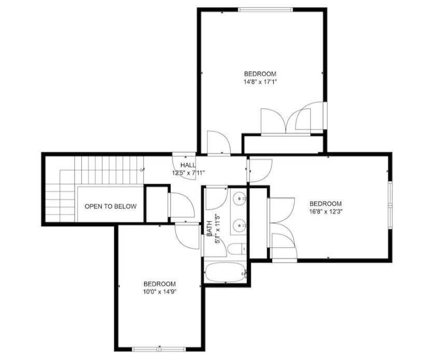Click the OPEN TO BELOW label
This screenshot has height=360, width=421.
click(110, 206)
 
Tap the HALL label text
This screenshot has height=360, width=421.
click(188, 165)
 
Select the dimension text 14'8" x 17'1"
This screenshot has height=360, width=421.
click(260, 82)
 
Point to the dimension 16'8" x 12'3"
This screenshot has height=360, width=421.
click(326, 211)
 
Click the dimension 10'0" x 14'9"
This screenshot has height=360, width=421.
click(160, 292)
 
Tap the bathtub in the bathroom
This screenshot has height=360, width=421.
click(225, 272)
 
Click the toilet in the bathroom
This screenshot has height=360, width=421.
click(237, 249)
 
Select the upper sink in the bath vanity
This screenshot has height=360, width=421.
click(239, 199)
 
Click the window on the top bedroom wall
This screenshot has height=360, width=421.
click(265, 10)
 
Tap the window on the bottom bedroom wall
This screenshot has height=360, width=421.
click(159, 349)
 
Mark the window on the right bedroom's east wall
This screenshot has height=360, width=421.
click(390, 206)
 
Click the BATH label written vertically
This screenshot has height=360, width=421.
click(209, 228)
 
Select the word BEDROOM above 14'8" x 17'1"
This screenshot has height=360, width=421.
click(260, 74)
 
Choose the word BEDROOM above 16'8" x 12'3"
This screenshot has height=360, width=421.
click(326, 204)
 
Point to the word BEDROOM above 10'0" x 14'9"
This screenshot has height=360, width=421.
click(160, 284)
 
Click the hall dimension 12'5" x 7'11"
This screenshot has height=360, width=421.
click(189, 173)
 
